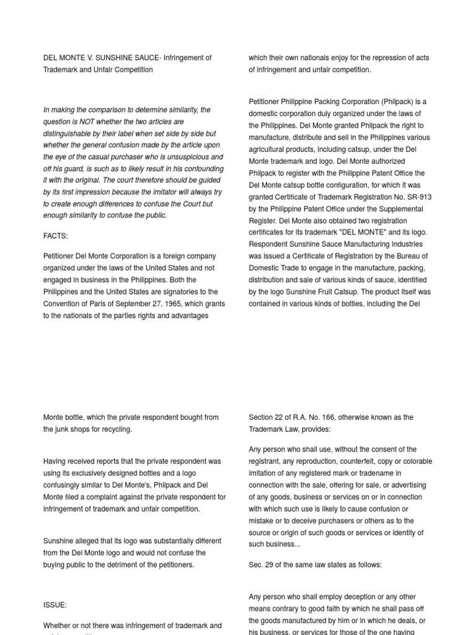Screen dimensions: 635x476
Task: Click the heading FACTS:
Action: (55, 236)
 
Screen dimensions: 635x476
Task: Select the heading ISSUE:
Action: (55, 605)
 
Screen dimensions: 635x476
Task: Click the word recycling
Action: (113, 429)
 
